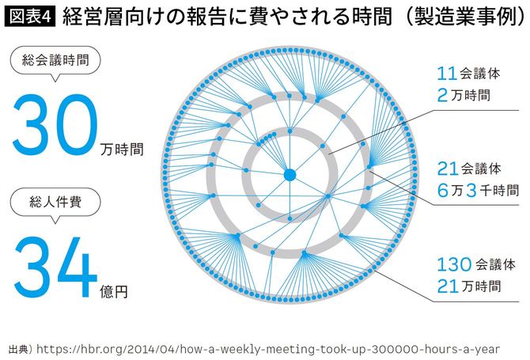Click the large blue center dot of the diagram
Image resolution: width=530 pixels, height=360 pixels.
(x=290, y=174)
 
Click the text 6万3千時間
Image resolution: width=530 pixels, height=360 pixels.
(x=478, y=191)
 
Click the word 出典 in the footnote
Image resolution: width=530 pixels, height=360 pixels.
(x=17, y=347)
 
